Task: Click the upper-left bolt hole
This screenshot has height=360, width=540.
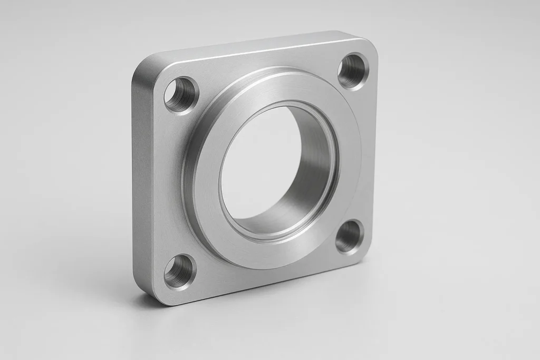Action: pyautogui.click(x=180, y=95)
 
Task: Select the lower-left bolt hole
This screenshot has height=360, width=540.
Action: pyautogui.click(x=179, y=272)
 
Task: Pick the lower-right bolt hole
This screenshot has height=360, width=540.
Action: pyautogui.click(x=349, y=237)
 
